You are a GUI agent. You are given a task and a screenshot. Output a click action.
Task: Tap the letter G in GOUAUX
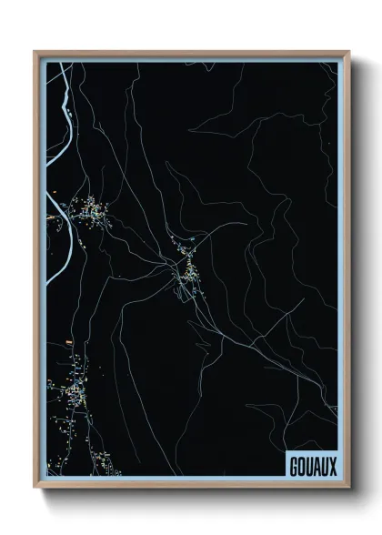click(292, 465)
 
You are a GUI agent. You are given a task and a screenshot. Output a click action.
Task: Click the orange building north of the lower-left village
click(67, 343)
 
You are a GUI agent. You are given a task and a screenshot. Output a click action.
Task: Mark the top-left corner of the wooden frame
click(35, 52)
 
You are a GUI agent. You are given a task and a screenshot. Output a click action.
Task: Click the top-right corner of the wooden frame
click(348, 52)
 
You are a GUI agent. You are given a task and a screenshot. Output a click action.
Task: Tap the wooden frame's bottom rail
click(191, 485)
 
